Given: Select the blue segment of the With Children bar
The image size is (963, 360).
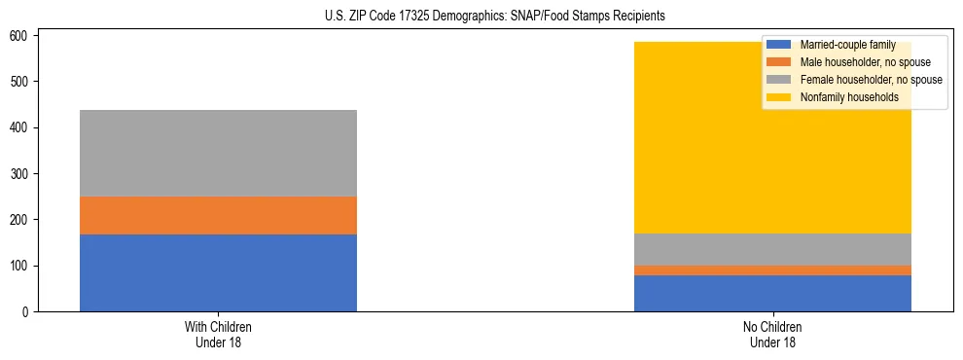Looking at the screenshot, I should [218, 272].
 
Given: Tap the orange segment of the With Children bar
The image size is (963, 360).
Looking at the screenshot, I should [218, 215].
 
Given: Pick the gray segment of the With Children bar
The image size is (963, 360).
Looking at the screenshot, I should [218, 153].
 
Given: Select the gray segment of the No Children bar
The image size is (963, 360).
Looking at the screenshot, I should [772, 249].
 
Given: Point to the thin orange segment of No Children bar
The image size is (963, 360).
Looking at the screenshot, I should [772, 270].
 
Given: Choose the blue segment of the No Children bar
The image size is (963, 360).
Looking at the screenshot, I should [772, 293].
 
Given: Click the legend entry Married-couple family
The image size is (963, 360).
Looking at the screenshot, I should [847, 45].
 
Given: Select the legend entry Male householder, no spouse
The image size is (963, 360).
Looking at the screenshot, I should [865, 62].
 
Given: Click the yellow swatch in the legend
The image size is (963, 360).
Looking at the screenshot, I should [779, 97].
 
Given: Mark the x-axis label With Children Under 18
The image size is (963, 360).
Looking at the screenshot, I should [218, 334].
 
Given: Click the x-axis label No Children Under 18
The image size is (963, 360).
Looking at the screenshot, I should [772, 334].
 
